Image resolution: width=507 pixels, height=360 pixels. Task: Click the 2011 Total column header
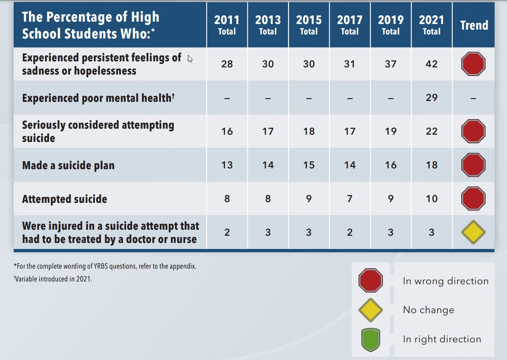pyautogui.click(x=227, y=25)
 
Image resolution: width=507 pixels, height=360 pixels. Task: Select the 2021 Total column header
pyautogui.click(x=431, y=25)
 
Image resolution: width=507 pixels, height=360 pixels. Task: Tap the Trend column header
pyautogui.click(x=474, y=25)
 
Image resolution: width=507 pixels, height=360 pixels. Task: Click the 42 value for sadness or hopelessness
pyautogui.click(x=431, y=64)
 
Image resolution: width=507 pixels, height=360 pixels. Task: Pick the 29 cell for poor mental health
pyautogui.click(x=431, y=98)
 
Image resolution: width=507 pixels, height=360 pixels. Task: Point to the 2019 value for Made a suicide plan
pyautogui.click(x=391, y=165)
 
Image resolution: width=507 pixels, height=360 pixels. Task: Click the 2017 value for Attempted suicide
pyautogui.click(x=349, y=198)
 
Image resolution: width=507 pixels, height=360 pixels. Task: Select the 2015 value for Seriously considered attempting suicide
pyautogui.click(x=309, y=131)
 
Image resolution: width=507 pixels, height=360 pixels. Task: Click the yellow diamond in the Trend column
pyautogui.click(x=473, y=232)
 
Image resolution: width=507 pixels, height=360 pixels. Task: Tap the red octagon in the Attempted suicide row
pyautogui.click(x=473, y=198)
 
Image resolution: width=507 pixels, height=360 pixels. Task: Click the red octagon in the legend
pyautogui.click(x=371, y=281)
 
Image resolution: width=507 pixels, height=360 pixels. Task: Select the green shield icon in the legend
pyautogui.click(x=371, y=339)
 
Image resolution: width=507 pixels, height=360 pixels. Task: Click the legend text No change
pyautogui.click(x=428, y=310)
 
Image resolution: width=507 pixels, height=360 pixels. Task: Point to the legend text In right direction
pyautogui.click(x=442, y=339)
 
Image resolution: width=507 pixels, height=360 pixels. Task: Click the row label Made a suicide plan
pyautogui.click(x=68, y=165)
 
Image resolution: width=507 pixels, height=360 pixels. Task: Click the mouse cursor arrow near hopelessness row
pyautogui.click(x=190, y=59)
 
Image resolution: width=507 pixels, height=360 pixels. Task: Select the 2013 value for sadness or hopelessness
pyautogui.click(x=268, y=64)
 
